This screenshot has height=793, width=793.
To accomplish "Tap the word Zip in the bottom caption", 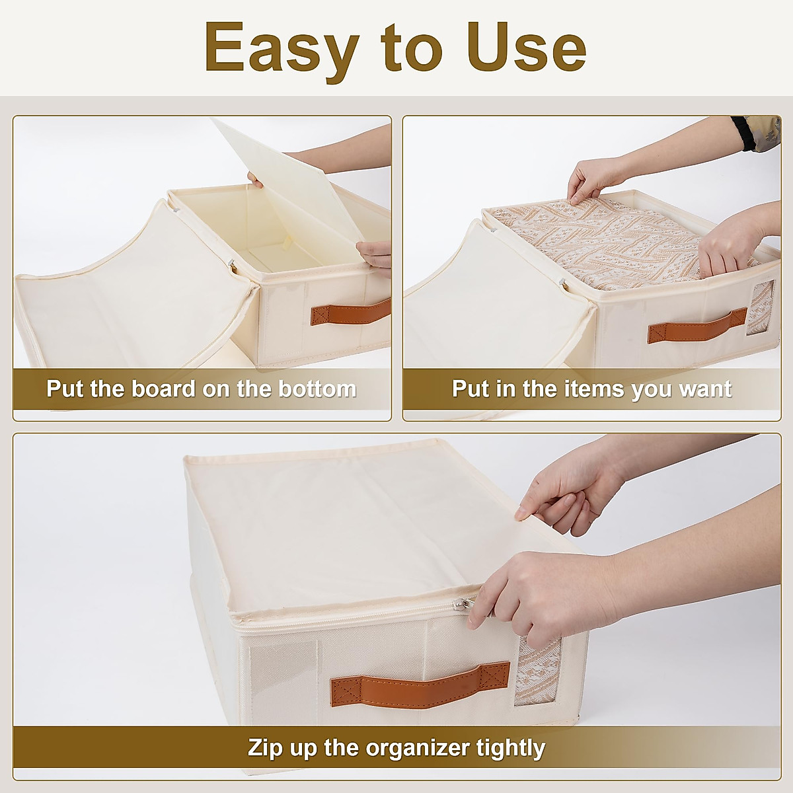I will click(266, 748).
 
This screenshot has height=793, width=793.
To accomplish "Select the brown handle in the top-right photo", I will click(691, 325).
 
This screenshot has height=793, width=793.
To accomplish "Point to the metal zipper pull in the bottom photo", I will click(465, 604).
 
